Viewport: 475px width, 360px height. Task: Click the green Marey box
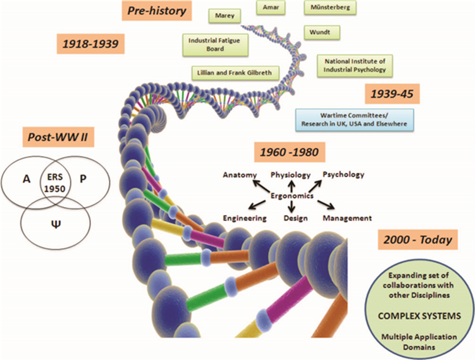pos(224,16)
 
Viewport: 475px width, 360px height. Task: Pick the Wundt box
pos(321,32)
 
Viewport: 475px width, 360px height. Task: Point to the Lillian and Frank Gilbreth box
pos(235,73)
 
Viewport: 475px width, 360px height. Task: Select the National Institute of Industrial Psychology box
pos(354,65)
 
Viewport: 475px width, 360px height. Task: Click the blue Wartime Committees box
pos(354,119)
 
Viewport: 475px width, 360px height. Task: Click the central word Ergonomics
pos(292,196)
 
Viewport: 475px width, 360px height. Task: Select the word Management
pos(347,218)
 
